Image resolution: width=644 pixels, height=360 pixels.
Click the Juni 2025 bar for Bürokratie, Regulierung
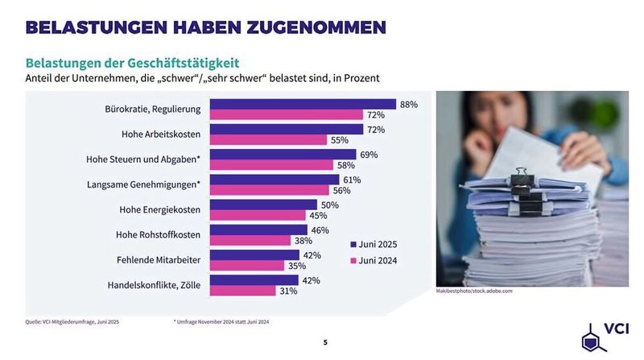(x=303, y=105)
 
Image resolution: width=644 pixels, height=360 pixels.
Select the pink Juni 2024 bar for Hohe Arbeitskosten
(x=268, y=140)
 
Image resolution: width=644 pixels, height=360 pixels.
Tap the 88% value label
(x=409, y=105)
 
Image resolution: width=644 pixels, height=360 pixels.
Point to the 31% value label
(x=288, y=291)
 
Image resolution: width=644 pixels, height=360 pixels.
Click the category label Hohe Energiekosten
(x=159, y=210)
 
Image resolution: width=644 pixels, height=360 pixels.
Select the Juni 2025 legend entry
(x=374, y=244)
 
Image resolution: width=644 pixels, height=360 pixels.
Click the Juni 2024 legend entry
(x=374, y=260)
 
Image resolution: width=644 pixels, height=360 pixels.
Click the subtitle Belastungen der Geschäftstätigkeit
(x=132, y=62)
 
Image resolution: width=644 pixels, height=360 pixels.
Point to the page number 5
(x=325, y=342)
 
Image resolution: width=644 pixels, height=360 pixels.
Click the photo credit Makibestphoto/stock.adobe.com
(x=474, y=291)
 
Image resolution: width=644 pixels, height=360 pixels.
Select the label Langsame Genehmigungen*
(x=143, y=185)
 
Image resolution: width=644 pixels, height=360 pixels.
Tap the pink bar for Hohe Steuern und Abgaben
(x=272, y=165)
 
